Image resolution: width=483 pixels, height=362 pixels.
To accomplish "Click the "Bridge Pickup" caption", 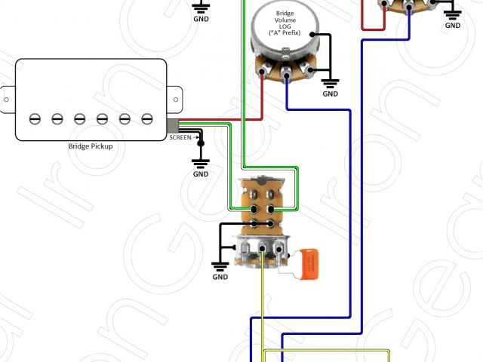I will coord(91,146).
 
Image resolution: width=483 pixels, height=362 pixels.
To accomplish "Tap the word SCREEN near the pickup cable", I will coord(180,138).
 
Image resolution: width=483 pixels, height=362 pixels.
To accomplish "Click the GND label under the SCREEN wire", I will coord(201,174).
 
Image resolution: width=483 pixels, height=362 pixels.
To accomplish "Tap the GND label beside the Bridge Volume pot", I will coord(331,94).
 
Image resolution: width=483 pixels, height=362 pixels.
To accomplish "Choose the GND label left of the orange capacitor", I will coord(220,277).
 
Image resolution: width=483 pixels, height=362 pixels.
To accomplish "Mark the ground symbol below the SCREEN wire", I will coord(201,161).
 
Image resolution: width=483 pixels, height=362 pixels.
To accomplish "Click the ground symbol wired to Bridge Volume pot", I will coord(331,81).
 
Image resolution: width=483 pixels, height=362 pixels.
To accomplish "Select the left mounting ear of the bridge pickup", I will coord(7,98).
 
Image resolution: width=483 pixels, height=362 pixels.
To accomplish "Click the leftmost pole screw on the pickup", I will coord(35,118).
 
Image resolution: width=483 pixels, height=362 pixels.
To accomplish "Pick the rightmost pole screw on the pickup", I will coord(148,118).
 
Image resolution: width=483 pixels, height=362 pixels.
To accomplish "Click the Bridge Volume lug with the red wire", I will coord(264,73).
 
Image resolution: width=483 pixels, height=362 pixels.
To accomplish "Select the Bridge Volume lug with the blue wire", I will coord(288,75).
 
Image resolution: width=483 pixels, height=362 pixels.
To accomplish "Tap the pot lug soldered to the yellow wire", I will coord(263,249).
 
